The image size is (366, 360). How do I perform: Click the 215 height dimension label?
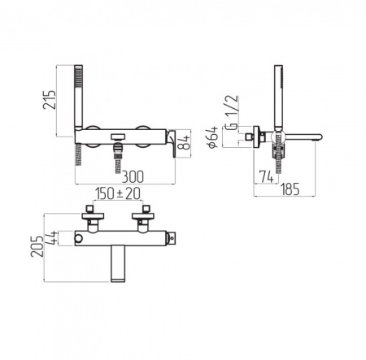[x=50, y=100]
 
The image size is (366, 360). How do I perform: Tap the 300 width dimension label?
[x=133, y=177]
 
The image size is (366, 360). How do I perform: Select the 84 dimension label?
[x=185, y=142]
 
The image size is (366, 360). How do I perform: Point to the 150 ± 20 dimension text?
[x=118, y=193]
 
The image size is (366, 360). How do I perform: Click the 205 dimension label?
[x=37, y=246]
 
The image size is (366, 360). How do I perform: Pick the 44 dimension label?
[x=51, y=238]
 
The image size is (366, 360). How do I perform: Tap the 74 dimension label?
[x=266, y=176]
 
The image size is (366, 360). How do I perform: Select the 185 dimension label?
[x=290, y=189]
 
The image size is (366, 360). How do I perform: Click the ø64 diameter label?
[x=212, y=137]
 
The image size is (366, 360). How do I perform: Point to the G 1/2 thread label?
[x=233, y=112]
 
